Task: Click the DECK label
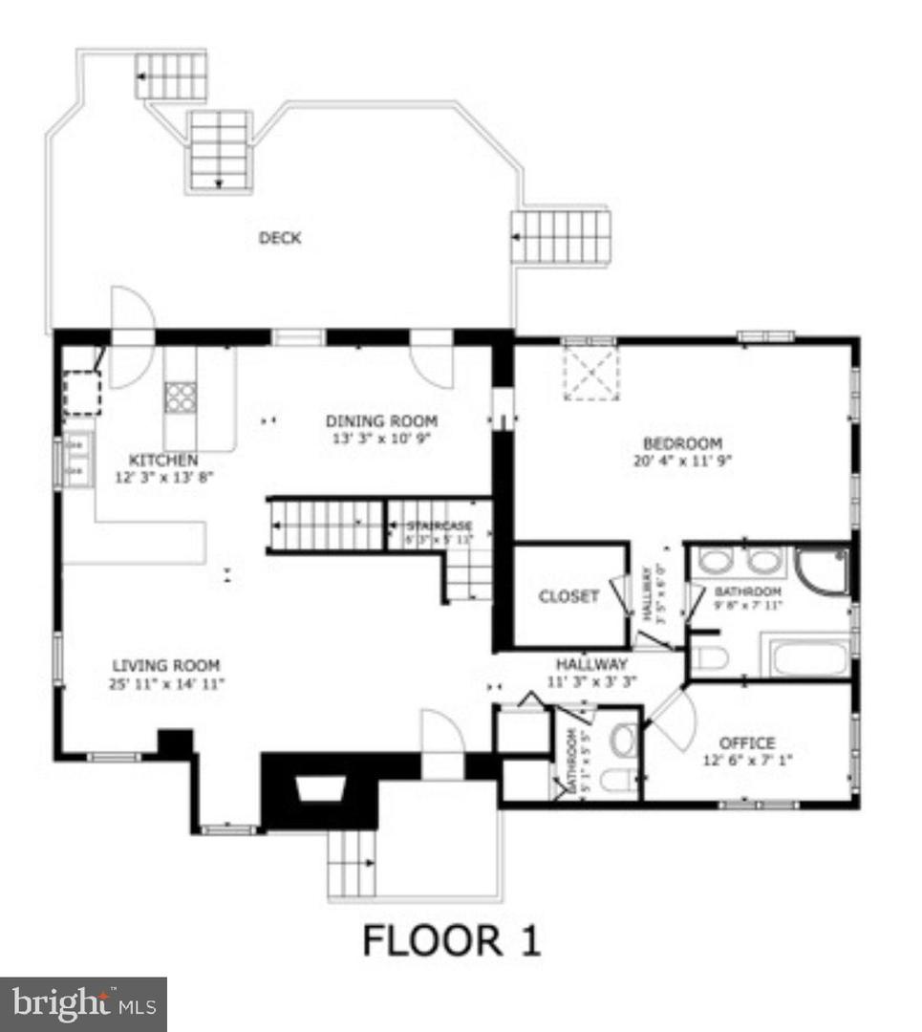(280, 238)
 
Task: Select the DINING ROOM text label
(381, 421)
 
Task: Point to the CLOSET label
(568, 596)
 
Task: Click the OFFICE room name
(747, 742)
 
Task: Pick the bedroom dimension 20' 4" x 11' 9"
(682, 461)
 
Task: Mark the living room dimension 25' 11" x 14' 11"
(166, 683)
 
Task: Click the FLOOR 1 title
(451, 940)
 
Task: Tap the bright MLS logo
(83, 1003)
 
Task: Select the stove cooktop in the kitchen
(179, 397)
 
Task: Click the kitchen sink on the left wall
(76, 459)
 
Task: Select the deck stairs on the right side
(561, 236)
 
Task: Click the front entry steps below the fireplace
(352, 863)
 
